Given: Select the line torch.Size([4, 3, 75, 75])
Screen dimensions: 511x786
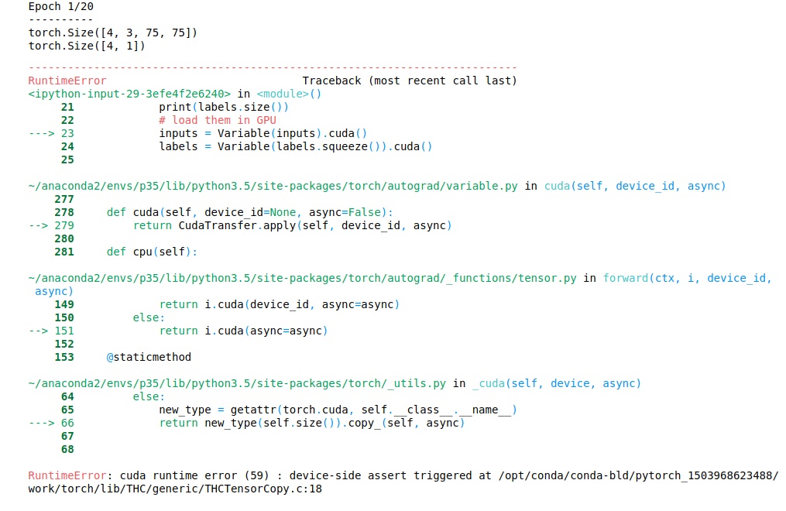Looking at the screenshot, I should tap(112, 33).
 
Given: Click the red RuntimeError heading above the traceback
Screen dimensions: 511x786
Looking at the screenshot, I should tap(67, 81).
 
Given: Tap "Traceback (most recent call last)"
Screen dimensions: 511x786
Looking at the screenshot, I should tap(409, 81).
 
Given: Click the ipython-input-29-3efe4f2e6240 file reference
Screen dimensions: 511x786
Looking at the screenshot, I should tap(129, 94).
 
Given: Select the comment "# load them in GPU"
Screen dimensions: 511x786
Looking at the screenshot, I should tap(218, 120).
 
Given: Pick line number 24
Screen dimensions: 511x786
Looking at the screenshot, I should tap(67, 146).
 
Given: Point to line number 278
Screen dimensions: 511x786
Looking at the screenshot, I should tap(64, 212).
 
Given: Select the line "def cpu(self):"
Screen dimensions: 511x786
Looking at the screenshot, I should tap(152, 252).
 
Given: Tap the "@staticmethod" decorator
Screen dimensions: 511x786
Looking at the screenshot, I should tap(148, 357).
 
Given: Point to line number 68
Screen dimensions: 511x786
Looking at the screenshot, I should tap(67, 449).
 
